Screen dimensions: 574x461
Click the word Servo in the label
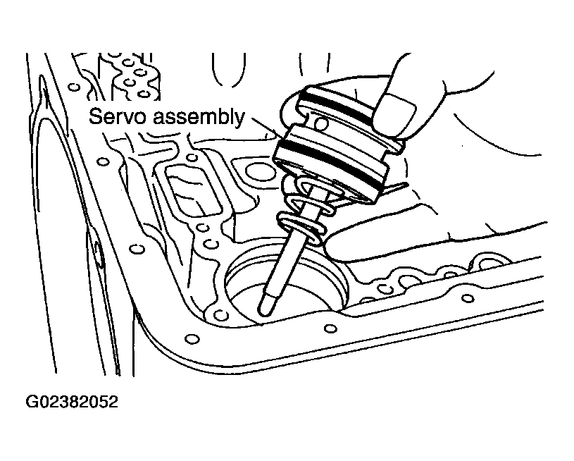[x=118, y=116]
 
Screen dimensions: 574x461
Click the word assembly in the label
[x=198, y=118]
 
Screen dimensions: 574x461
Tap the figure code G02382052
[x=72, y=402]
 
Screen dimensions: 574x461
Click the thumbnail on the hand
[x=394, y=115]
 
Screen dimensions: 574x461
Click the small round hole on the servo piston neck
[x=320, y=125]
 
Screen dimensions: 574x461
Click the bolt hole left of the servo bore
[x=219, y=314]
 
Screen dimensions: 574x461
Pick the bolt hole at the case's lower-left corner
[x=192, y=338]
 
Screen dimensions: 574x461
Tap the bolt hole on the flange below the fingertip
[x=330, y=328]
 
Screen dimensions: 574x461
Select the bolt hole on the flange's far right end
[x=468, y=297]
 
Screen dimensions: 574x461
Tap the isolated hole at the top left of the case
[x=74, y=87]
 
